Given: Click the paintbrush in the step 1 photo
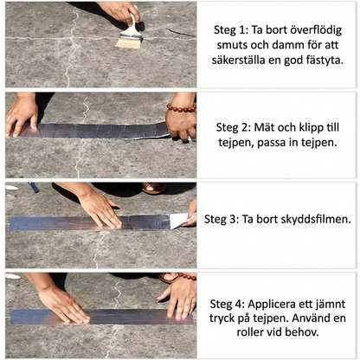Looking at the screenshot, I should point(130,33).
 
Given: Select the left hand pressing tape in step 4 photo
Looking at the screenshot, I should point(61,304).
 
